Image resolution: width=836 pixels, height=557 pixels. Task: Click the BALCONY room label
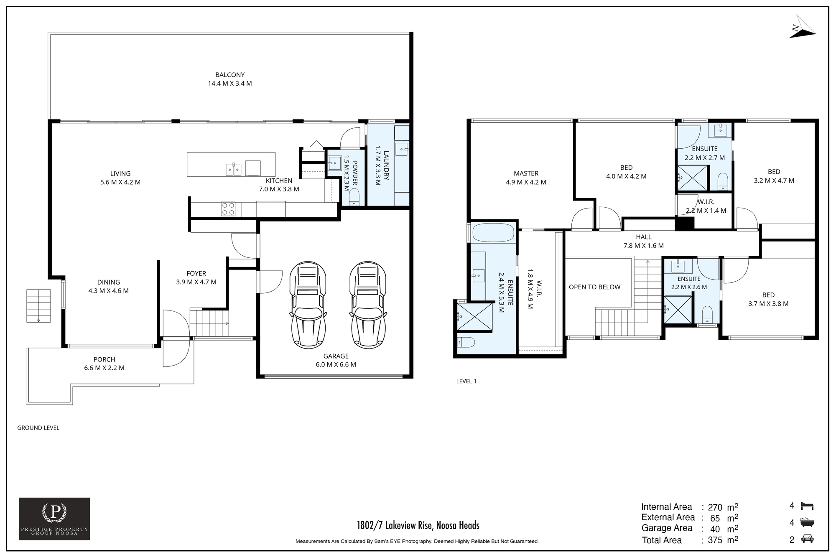tap(230, 75)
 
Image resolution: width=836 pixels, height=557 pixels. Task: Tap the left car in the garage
tap(308, 305)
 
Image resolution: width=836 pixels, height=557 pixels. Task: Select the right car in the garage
tap(368, 305)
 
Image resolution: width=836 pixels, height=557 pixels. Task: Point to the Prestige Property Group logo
tap(54, 519)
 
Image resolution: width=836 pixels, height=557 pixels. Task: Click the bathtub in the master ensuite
tap(493, 233)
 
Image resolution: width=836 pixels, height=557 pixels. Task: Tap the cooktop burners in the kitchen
tap(228, 209)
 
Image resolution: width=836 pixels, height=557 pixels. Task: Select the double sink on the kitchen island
tap(233, 169)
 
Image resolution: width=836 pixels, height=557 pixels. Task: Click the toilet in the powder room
tap(354, 197)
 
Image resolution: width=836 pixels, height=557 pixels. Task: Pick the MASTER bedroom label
tap(526, 173)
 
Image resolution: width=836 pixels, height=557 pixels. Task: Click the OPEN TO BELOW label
tap(594, 287)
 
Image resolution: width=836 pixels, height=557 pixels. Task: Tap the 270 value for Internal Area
tap(715, 507)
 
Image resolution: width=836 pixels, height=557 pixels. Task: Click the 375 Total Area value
tap(715, 540)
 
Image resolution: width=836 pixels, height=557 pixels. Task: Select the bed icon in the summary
tap(807, 506)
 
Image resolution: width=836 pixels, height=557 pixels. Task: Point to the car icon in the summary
tap(807, 539)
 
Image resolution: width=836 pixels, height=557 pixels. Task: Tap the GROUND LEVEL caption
tap(38, 428)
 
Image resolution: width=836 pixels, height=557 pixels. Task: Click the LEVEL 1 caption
tap(466, 381)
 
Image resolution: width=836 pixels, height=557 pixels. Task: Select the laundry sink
tap(402, 148)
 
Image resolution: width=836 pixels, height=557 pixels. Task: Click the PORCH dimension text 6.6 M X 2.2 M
tap(104, 368)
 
